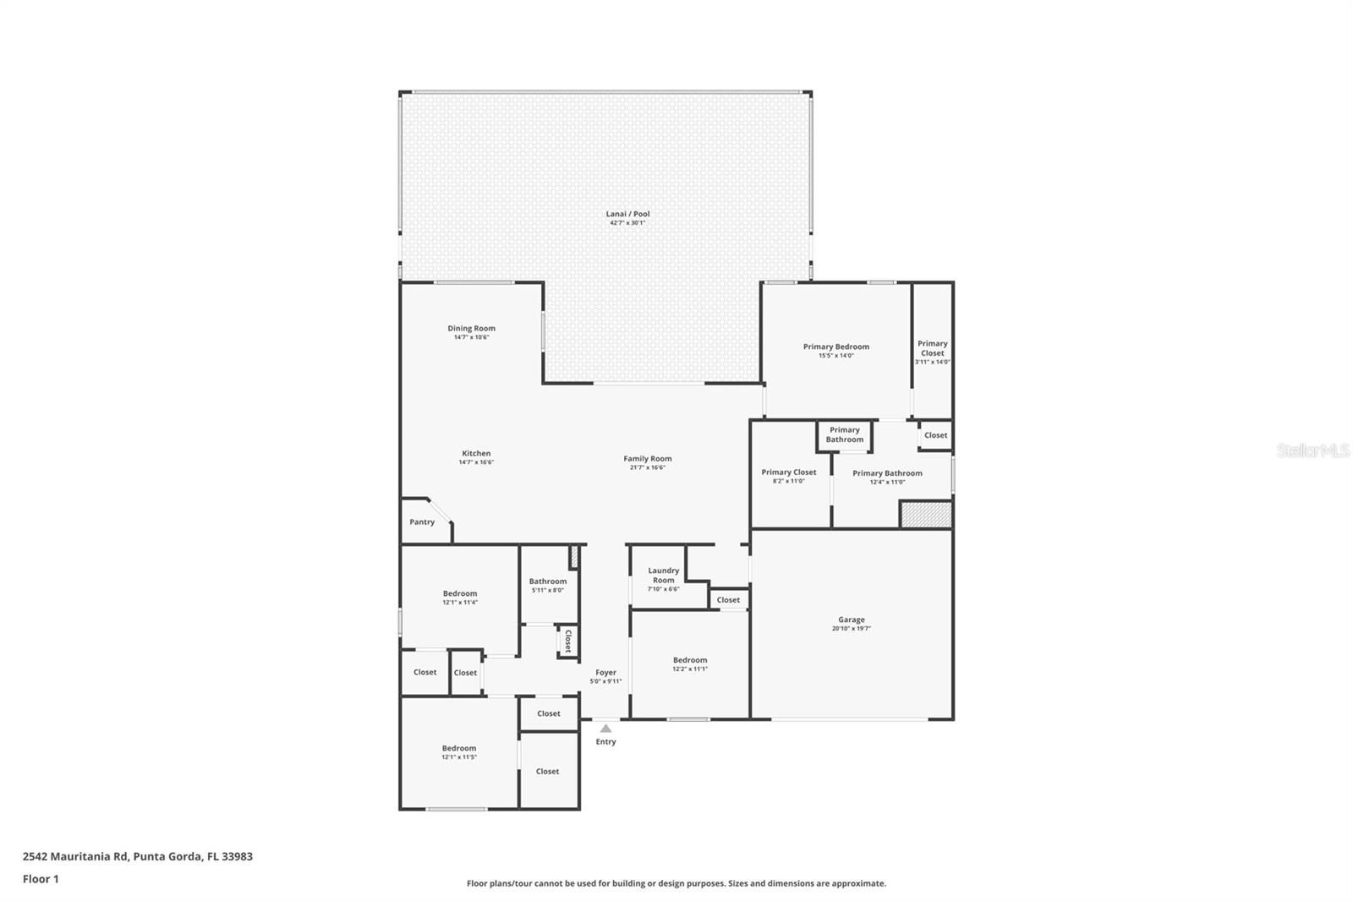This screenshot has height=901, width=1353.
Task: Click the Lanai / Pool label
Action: [627, 214]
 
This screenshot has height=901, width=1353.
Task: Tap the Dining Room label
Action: [471, 328]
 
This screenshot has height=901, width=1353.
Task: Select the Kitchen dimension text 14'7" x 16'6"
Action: [476, 462]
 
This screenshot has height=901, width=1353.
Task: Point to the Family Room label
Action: [648, 458]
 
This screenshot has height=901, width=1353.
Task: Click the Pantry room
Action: [422, 522]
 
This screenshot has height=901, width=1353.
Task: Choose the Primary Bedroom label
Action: [835, 347]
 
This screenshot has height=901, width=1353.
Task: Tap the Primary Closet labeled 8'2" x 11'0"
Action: [788, 477]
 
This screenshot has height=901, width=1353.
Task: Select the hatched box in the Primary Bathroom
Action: [925, 515]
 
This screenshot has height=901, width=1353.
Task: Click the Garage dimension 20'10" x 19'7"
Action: [851, 629]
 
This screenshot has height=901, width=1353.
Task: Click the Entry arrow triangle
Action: [605, 728]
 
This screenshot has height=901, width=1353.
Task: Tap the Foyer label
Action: [605, 673]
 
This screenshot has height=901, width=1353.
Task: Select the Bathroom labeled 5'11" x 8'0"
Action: [548, 585]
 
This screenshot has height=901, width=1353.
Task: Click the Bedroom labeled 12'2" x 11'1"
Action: [690, 664]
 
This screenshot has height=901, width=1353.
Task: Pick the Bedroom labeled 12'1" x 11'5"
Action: [458, 752]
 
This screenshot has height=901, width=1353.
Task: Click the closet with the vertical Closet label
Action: [567, 641]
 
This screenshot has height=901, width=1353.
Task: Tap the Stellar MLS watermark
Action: [1312, 451]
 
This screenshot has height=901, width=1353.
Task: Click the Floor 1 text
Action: [41, 879]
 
